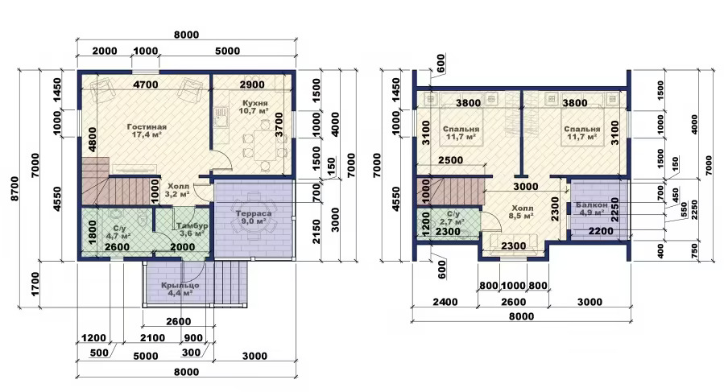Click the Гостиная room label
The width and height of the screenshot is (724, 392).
147,127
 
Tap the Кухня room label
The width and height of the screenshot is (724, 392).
254,102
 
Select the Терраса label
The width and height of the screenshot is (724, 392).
254,213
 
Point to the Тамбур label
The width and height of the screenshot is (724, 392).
192,225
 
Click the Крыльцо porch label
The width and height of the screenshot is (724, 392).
180,285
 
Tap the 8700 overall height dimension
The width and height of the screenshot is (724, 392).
14,188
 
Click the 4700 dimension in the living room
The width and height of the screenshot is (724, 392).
146,85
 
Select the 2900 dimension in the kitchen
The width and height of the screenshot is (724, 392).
252,85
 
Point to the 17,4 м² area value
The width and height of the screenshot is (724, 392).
147,134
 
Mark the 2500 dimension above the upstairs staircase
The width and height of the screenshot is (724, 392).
450,160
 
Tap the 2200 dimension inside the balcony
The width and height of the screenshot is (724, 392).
601,231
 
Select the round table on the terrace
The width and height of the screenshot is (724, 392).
253,220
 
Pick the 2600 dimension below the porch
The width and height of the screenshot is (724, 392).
178,322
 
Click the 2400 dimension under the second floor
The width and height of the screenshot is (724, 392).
445,302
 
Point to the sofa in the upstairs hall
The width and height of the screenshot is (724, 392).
514,241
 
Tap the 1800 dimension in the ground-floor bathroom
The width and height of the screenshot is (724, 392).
92,232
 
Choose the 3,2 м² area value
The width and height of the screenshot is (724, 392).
179,194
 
